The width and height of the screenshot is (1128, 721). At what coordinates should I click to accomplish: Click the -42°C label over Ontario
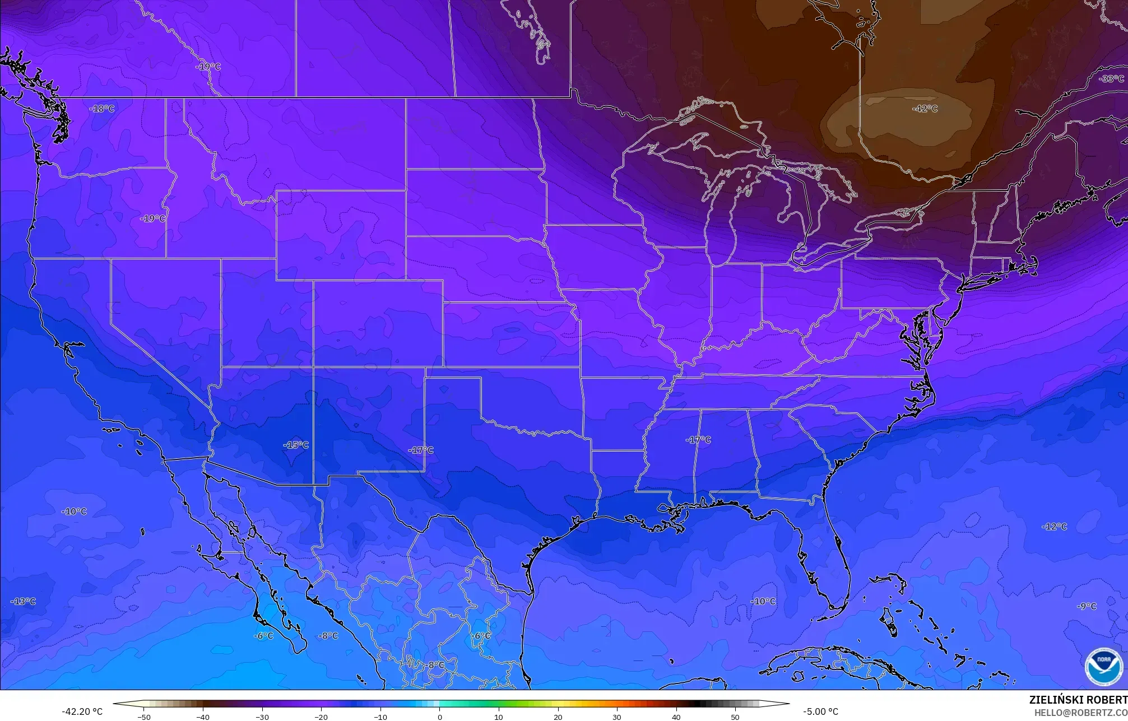coord(925,109)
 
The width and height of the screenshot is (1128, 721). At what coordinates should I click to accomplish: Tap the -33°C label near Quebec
coord(1111,79)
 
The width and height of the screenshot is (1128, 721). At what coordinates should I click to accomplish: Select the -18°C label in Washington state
coord(101,109)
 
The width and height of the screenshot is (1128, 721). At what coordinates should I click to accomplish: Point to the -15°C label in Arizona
coord(296,445)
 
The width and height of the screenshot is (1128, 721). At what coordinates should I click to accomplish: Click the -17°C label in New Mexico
coord(420,450)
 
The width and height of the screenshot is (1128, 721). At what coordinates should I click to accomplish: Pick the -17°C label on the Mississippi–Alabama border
coord(698,440)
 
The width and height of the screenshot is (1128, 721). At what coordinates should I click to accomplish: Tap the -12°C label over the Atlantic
coord(1054,527)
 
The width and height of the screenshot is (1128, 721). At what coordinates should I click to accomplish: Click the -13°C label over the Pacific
coord(23,602)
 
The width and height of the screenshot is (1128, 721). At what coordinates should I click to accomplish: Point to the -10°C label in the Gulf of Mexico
coord(763,602)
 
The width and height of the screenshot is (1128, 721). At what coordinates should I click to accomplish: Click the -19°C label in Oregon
coord(152,218)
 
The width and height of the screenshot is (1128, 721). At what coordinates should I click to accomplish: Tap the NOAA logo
coord(1103,667)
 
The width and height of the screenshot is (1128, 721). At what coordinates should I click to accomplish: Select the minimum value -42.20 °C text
coord(82,711)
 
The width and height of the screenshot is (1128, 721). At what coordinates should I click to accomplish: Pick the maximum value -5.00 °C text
coord(820,711)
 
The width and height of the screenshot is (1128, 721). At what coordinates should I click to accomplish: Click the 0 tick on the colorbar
coord(440,717)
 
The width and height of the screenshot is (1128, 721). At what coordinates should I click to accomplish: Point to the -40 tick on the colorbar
coord(203,717)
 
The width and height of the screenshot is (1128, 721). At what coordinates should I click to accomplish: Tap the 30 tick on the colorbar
coord(617,717)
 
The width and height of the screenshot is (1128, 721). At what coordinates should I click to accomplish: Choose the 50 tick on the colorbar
coord(735,717)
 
